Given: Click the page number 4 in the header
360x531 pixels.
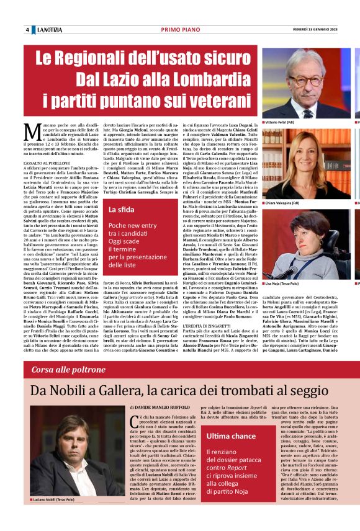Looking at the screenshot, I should [28, 30].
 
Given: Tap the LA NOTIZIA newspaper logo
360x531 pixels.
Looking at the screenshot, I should [49, 30].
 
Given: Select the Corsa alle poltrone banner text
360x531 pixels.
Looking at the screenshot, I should [66, 368].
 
